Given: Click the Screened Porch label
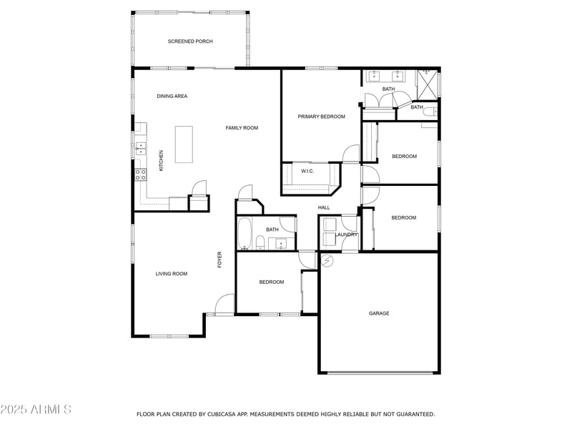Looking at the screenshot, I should (x=190, y=41).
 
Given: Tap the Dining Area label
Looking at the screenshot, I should (x=172, y=96).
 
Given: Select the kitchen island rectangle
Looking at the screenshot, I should (x=184, y=144).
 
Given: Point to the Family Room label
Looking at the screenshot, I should (x=242, y=128).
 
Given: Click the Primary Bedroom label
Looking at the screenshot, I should (x=321, y=117).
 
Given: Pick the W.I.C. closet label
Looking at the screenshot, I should (x=307, y=171).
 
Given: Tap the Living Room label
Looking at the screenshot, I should (x=172, y=274).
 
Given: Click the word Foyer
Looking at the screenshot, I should (x=220, y=260).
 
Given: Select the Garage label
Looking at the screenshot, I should (x=379, y=313).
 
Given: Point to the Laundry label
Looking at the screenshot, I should (x=347, y=235).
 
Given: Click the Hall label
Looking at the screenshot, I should (x=324, y=208).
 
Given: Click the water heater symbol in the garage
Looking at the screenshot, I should (x=327, y=260).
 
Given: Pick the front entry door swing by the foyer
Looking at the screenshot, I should (x=225, y=305).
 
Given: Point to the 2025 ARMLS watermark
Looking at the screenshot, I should (x=36, y=410).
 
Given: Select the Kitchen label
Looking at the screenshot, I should (x=162, y=160).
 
